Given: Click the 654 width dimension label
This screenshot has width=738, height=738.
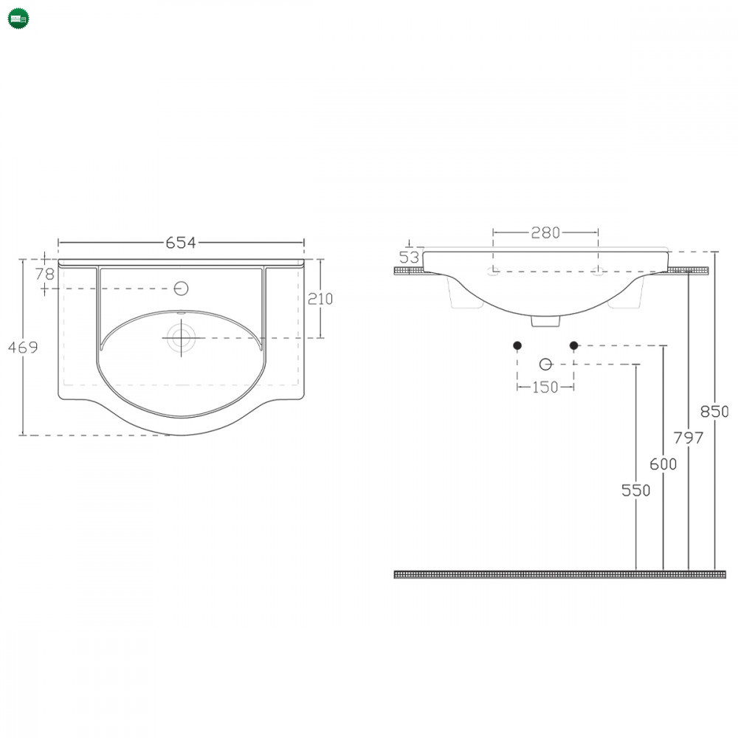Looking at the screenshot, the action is click(181, 242).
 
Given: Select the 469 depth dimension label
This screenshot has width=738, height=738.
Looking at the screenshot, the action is click(23, 348).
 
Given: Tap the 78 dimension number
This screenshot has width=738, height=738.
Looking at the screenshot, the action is click(45, 274).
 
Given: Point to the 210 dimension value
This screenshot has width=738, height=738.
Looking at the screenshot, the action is click(320, 299).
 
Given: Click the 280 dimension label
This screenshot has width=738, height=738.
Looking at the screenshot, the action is click(545, 232).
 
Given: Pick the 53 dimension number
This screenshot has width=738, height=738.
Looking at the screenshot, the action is click(409, 258).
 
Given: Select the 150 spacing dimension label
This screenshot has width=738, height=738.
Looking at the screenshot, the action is click(545, 387).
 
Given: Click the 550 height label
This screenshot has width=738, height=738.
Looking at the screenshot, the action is click(635, 491).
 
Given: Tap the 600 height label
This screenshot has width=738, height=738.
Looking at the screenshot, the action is click(663, 464).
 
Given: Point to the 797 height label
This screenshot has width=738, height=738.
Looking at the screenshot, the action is click(688, 438).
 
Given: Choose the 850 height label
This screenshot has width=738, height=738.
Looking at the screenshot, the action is click(714, 412).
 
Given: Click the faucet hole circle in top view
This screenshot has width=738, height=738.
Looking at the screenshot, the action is click(182, 288).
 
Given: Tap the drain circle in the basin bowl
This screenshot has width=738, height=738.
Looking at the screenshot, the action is click(182, 337).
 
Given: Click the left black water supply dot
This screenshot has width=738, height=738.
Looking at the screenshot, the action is click(517, 345).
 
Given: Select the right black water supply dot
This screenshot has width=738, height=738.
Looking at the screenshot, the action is click(573, 345).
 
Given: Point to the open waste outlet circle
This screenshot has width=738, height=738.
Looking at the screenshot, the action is click(545, 365).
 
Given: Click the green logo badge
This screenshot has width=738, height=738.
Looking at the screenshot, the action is click(18, 18).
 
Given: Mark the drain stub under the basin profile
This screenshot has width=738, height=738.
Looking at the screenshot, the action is click(545, 321).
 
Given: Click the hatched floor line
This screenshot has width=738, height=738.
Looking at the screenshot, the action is click(559, 574).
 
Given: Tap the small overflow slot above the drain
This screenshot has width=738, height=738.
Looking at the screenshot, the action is click(182, 312).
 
